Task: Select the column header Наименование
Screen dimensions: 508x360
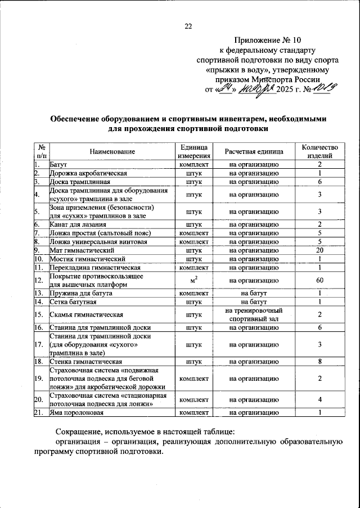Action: click(111, 152)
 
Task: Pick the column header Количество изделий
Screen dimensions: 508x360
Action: click(319, 151)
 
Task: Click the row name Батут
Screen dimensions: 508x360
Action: click(58, 164)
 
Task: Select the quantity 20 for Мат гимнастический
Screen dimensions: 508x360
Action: click(319, 250)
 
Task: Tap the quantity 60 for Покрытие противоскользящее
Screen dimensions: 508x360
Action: click(319, 280)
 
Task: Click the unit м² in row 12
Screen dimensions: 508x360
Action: click(193, 280)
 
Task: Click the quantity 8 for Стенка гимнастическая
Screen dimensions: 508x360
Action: click(319, 362)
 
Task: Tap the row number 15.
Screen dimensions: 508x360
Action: click(38, 314)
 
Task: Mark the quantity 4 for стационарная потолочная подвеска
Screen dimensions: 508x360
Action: click(319, 400)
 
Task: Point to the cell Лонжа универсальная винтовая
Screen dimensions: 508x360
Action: click(91, 241)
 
